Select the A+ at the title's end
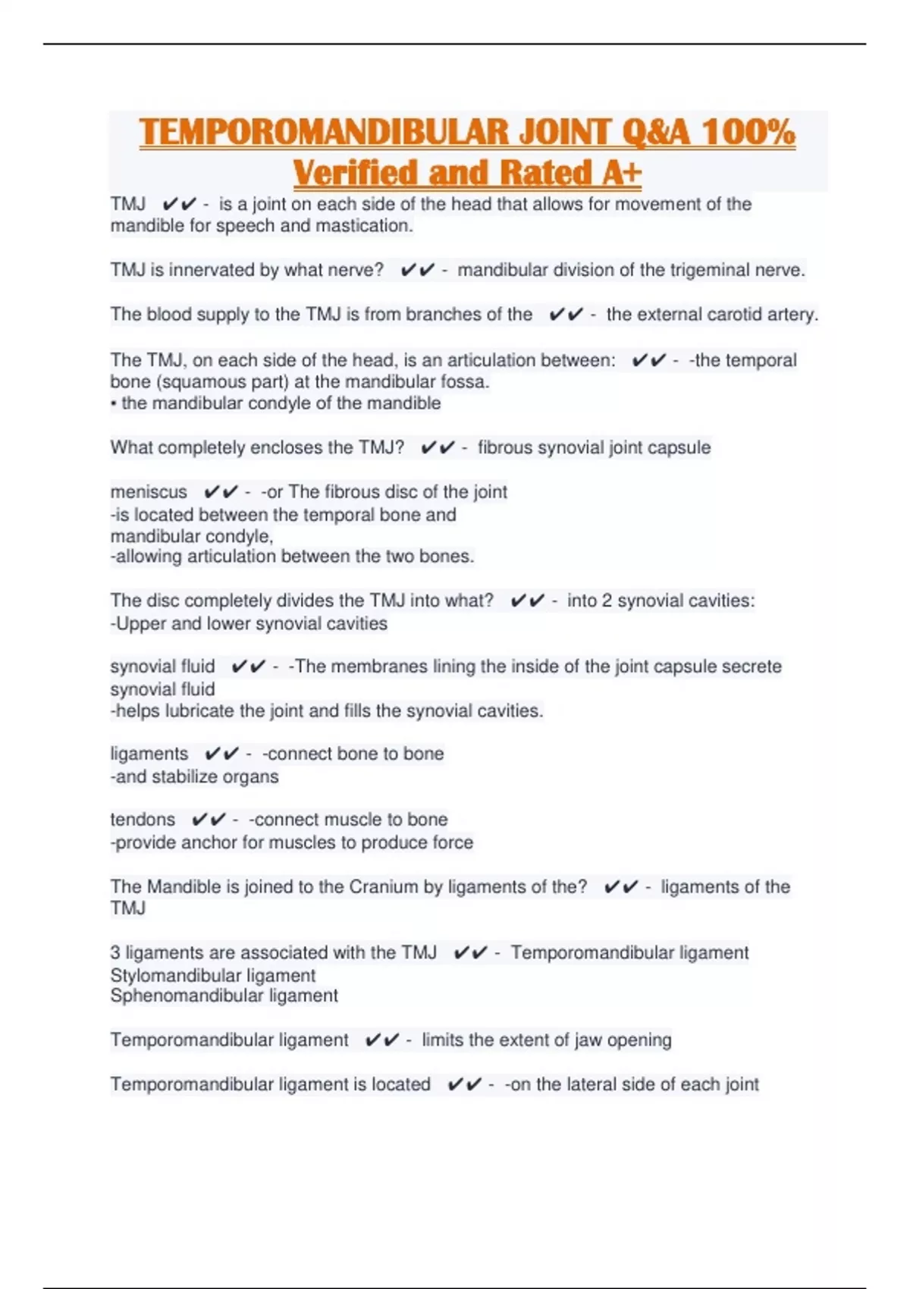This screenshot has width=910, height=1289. [622, 173]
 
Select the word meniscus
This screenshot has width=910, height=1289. [149, 492]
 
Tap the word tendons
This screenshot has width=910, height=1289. [143, 820]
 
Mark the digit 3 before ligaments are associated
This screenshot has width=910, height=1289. [115, 953]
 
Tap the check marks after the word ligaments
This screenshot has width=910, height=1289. [221, 754]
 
